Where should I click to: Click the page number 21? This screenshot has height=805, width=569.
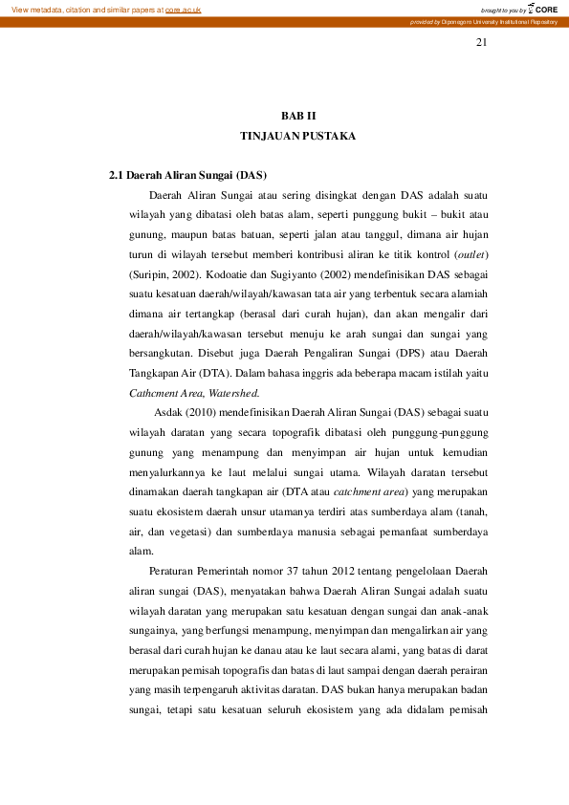click(x=481, y=43)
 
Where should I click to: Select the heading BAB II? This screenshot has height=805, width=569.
click(x=297, y=115)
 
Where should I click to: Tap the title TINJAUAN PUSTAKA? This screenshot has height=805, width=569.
click(x=297, y=137)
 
